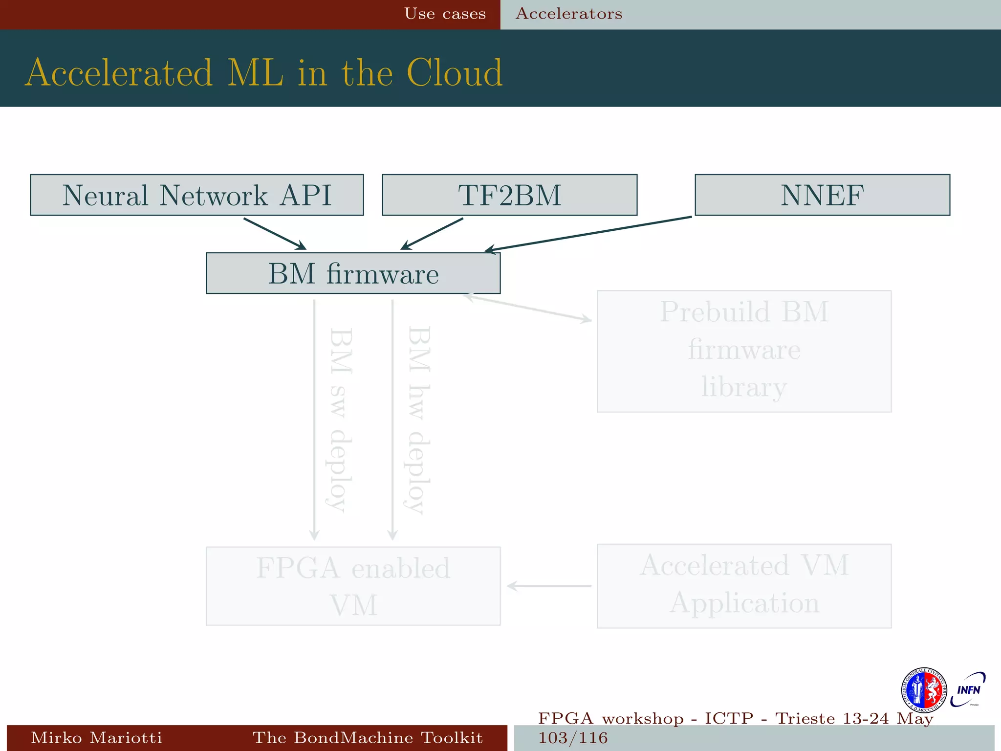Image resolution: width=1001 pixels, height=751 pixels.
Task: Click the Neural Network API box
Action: point(196,195)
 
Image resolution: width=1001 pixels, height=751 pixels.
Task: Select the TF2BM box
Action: point(509,195)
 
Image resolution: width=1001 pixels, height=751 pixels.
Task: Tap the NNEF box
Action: point(822,195)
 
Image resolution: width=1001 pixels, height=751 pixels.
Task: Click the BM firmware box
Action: point(353,273)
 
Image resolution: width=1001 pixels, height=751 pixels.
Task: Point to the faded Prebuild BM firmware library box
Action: point(744,351)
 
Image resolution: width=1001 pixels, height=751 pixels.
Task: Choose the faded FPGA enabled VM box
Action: point(353,586)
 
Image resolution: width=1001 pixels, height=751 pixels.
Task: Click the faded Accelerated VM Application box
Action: point(744,586)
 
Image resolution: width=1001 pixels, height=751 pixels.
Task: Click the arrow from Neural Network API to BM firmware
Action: point(275,234)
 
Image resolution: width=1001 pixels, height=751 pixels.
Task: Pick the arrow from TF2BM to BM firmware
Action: point(432,234)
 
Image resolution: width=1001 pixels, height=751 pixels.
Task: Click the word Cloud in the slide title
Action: point(454,73)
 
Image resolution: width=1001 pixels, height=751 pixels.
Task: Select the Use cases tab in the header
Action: point(445,14)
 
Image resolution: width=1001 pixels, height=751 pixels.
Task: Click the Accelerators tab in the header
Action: point(569,14)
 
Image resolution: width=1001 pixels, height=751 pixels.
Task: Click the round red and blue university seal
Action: point(924,690)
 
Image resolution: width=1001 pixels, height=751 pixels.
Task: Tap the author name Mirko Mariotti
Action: point(96,737)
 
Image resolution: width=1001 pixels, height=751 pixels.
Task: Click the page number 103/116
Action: point(573,738)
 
